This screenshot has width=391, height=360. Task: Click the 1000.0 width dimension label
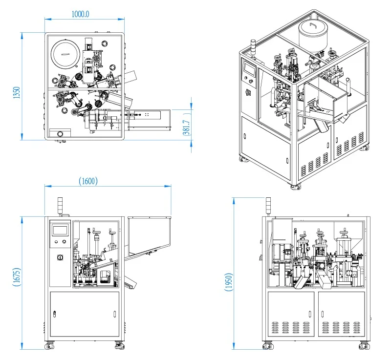(x=81, y=14)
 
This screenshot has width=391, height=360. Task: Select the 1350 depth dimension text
(x=17, y=93)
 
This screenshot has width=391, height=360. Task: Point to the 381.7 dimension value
(x=186, y=130)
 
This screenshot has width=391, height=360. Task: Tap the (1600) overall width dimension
(x=88, y=181)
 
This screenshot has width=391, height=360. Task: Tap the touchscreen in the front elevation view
(x=61, y=230)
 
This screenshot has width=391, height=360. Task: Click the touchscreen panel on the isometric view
(x=250, y=70)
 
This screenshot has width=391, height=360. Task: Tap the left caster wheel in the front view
(x=49, y=346)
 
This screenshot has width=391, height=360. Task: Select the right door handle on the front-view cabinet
(x=113, y=314)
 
